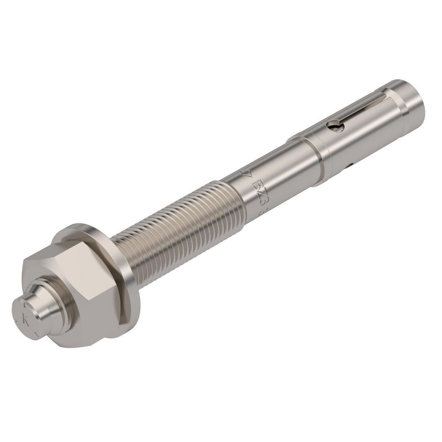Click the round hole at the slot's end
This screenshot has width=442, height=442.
[336, 127]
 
